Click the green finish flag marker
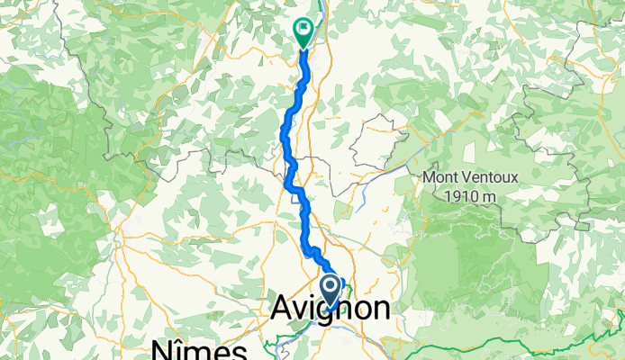click(303, 33)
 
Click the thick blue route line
click(288, 135)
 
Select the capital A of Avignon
click(282, 309)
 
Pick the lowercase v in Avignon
click(301, 309)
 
